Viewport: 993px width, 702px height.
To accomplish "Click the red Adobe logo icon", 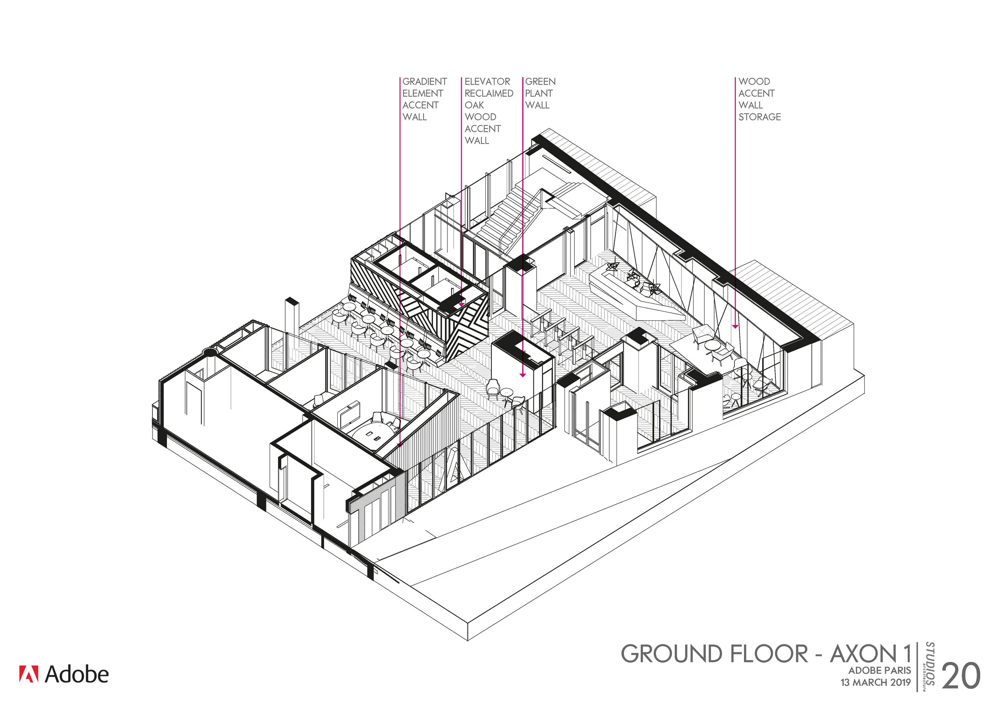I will (29, 674).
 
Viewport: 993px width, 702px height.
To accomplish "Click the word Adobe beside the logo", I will (77, 674).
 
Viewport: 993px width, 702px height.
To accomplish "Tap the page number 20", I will (960, 676).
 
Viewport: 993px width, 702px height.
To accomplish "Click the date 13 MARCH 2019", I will (875, 683).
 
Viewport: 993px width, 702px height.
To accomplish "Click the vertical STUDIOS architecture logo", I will (929, 666).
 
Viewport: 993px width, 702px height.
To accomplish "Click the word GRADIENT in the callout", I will (424, 82).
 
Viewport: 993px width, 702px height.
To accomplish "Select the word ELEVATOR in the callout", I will (487, 82).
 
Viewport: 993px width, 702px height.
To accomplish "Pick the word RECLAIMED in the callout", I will (489, 93).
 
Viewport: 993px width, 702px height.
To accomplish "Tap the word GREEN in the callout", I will (540, 82).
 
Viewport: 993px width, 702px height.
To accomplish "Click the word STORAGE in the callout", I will (759, 117).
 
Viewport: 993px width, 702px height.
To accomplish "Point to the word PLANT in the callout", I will (539, 93).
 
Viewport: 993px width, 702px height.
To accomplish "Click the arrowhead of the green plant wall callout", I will (522, 375).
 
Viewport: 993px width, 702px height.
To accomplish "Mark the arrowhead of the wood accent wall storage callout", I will (735, 326).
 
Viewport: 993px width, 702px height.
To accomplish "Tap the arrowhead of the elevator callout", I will (461, 304).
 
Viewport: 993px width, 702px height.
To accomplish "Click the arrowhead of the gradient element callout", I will (400, 444).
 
